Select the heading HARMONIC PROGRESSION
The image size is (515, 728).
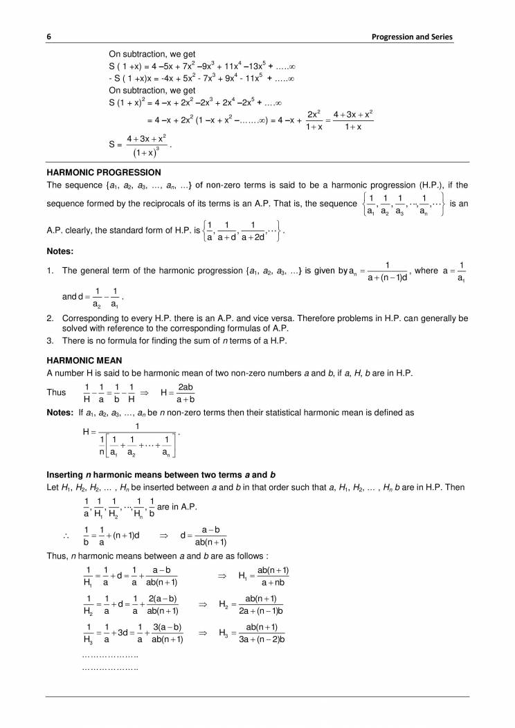point(103,172)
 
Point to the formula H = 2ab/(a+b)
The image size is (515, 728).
point(177,393)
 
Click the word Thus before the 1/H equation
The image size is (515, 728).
point(56,392)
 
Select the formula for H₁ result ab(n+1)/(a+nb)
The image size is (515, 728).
point(263,576)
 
